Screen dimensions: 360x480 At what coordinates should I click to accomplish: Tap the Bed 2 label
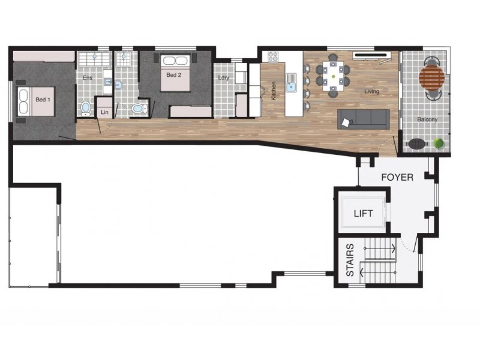(173, 75)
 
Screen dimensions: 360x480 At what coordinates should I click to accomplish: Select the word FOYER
(397, 178)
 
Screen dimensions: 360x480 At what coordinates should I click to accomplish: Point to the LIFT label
(364, 213)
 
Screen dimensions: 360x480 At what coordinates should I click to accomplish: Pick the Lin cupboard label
(104, 112)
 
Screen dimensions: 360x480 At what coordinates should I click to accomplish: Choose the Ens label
(88, 78)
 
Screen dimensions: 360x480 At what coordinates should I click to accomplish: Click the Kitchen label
(274, 91)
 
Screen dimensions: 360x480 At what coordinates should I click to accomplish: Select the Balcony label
(427, 119)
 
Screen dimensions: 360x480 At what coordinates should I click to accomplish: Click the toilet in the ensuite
(86, 108)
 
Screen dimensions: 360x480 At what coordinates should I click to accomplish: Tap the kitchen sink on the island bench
(292, 84)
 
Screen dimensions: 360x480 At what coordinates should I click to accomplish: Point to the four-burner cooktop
(273, 57)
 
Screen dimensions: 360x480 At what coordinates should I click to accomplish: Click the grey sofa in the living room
(362, 118)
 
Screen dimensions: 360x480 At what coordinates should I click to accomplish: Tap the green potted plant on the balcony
(439, 143)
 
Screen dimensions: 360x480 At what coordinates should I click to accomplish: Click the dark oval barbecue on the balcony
(416, 143)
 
